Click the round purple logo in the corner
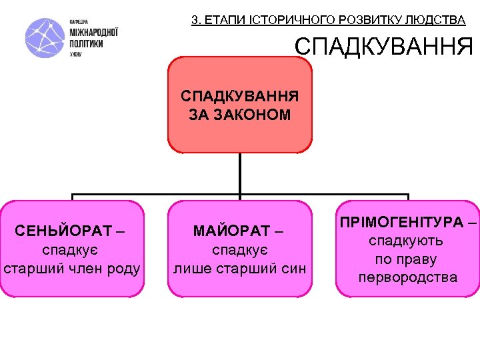tap(45, 38)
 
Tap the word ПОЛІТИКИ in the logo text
tap(86, 43)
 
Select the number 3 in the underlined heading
tap(195, 20)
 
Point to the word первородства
tap(407, 277)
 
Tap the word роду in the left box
tap(125, 269)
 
